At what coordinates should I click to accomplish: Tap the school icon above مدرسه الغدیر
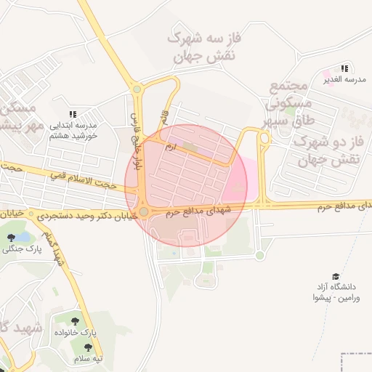click(x=344, y=68)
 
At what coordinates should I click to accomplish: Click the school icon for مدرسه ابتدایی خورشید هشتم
click(x=73, y=114)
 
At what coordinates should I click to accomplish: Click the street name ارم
click(x=171, y=148)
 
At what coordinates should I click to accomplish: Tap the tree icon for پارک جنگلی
click(x=11, y=237)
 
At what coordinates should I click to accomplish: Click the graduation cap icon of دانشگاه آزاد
click(x=336, y=276)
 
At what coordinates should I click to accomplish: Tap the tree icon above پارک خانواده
click(x=75, y=320)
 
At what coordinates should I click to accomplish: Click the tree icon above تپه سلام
click(x=78, y=347)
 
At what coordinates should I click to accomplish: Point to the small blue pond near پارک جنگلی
click(x=23, y=236)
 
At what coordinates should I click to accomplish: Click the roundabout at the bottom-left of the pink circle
click(x=144, y=211)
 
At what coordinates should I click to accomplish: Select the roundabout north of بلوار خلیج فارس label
click(x=137, y=89)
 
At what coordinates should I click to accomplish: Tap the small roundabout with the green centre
click(x=259, y=255)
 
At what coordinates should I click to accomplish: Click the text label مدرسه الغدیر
click(x=344, y=79)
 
